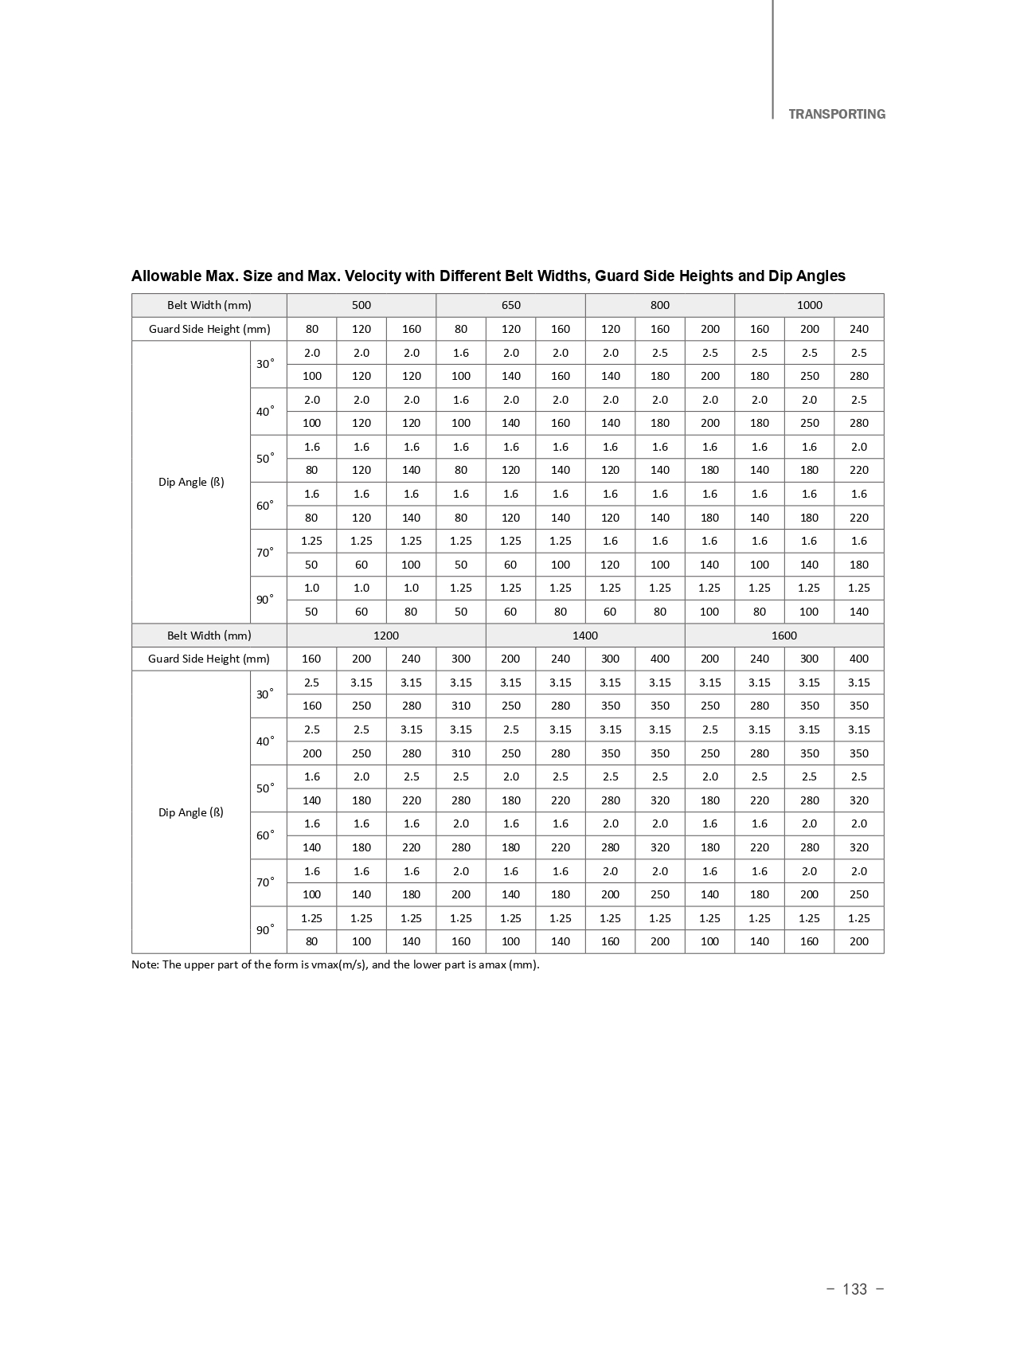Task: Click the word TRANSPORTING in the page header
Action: [836, 114]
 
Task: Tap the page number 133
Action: [854, 1289]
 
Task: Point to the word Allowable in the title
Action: [164, 276]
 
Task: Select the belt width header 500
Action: [361, 305]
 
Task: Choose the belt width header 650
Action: [510, 305]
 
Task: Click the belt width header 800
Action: [659, 305]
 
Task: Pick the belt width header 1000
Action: [809, 305]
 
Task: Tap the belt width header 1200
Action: [385, 636]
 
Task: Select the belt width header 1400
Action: [584, 636]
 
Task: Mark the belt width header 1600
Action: [783, 636]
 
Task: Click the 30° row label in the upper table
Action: [265, 364]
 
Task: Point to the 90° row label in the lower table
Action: [265, 929]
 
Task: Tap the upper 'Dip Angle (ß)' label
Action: [191, 482]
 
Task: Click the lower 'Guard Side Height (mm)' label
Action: [209, 659]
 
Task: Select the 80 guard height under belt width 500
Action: [311, 329]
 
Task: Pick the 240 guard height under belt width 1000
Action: [858, 329]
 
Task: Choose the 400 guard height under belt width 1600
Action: [858, 659]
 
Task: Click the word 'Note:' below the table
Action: [145, 965]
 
